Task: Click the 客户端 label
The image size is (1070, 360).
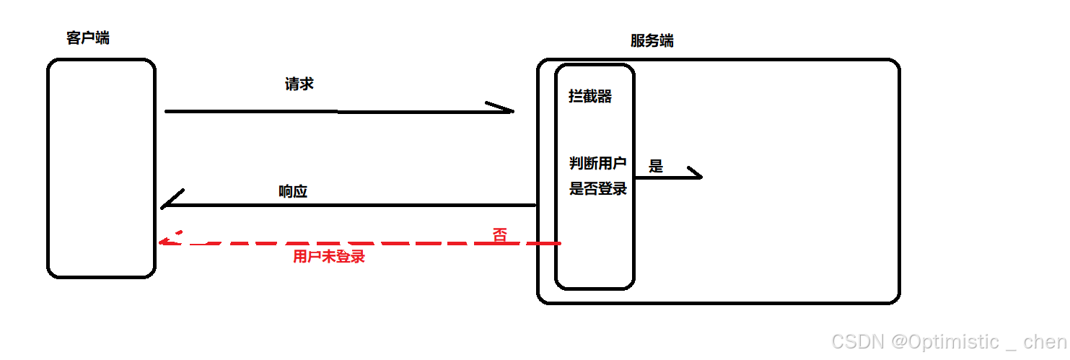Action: [88, 38]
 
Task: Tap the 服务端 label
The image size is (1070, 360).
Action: [652, 41]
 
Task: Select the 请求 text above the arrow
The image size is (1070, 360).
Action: [299, 84]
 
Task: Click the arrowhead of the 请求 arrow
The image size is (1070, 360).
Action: [505, 110]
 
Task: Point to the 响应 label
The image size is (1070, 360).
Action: [293, 191]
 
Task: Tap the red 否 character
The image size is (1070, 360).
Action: [499, 234]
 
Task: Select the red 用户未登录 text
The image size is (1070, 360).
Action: [329, 256]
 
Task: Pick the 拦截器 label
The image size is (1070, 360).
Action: [590, 96]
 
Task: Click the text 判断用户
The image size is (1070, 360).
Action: [598, 164]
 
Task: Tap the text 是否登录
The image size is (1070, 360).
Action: [598, 189]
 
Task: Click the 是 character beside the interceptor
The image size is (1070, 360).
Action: [656, 167]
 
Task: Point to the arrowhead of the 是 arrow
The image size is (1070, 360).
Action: [695, 175]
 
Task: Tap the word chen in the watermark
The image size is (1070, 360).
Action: [1045, 342]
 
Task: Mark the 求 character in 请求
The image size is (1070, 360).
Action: [307, 84]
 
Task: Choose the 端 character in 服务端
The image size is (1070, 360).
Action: [666, 41]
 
